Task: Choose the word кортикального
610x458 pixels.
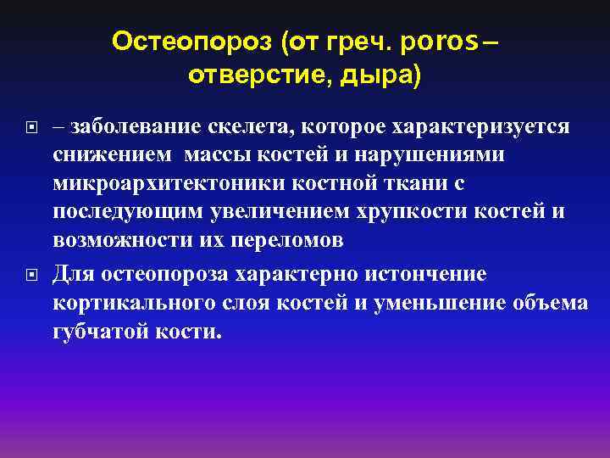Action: tap(130, 303)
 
